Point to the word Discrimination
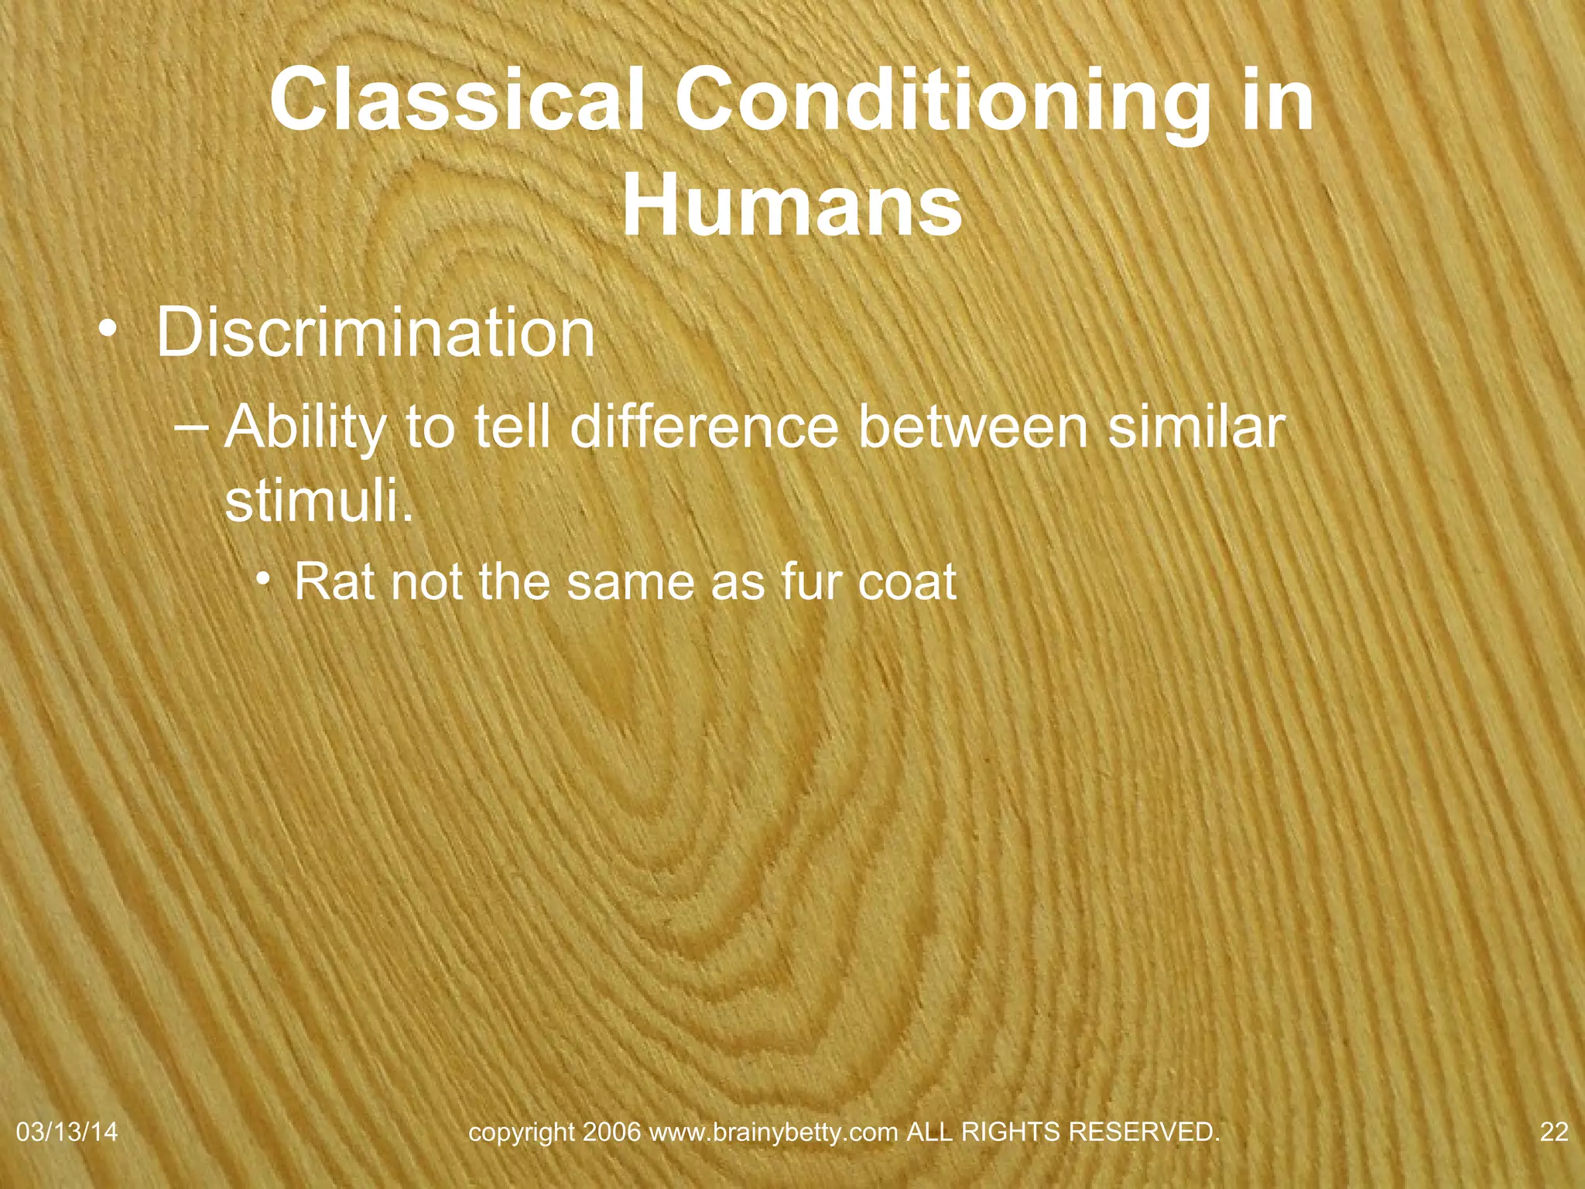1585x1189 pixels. [x=375, y=333]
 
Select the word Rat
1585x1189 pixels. [x=334, y=581]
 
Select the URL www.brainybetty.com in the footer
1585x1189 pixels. [x=773, y=1132]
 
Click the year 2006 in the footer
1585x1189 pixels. [x=612, y=1132]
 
